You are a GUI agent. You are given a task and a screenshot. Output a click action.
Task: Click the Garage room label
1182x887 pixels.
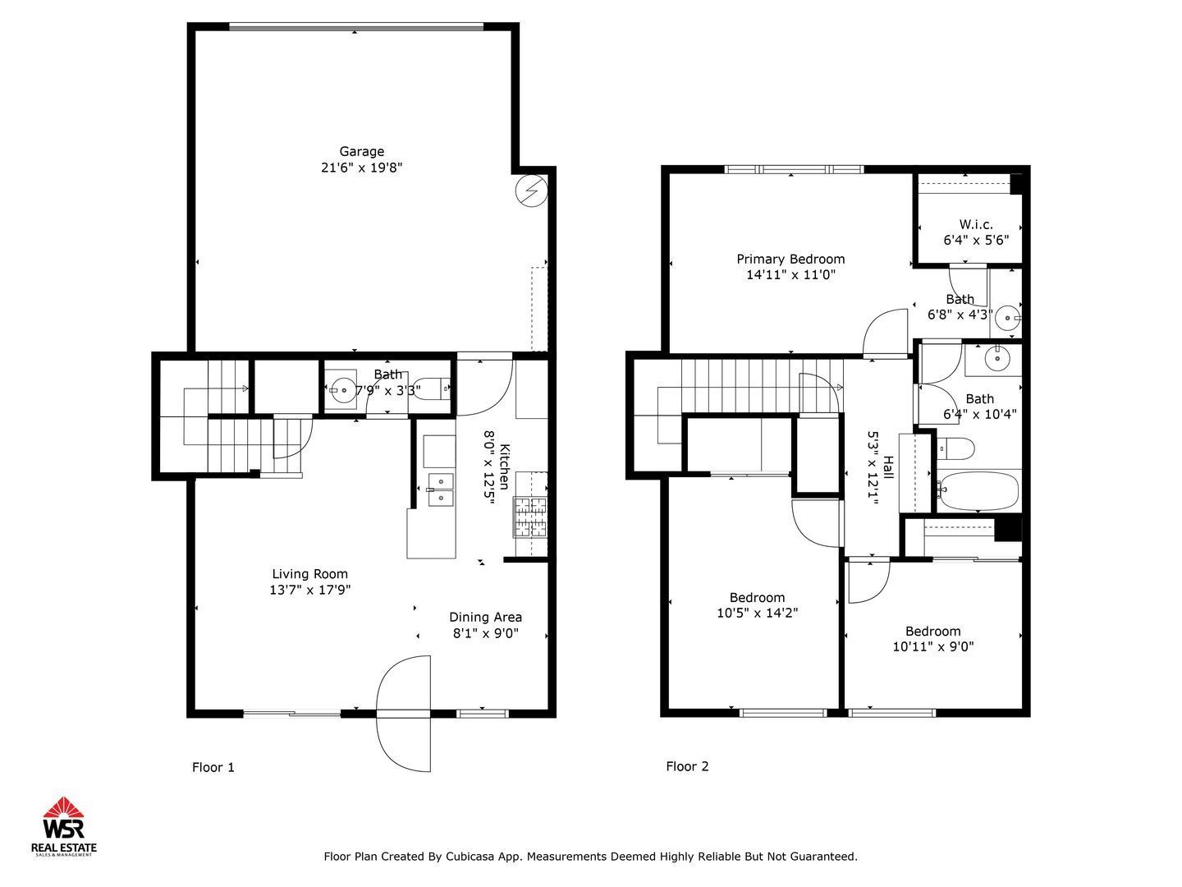(361, 151)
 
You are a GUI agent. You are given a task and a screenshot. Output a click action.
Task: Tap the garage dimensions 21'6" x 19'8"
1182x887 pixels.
(361, 168)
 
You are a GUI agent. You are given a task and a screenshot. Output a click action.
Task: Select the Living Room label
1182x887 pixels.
(309, 574)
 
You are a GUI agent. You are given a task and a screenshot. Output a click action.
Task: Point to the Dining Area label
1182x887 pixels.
(485, 617)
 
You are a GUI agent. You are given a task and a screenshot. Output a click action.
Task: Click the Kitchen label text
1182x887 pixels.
(505, 466)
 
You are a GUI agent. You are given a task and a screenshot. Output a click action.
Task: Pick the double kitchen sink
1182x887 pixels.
(440, 490)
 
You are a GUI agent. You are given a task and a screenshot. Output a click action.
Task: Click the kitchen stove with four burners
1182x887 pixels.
(530, 517)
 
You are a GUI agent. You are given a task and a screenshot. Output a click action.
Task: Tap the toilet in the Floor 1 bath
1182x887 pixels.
(433, 388)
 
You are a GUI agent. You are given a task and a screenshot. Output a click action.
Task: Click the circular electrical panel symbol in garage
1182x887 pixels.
(532, 191)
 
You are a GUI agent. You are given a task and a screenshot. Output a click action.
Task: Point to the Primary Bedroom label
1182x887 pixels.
(790, 259)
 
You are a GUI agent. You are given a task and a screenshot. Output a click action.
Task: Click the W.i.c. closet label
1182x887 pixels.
(976, 224)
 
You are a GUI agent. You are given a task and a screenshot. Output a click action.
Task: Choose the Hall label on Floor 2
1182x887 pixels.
(888, 467)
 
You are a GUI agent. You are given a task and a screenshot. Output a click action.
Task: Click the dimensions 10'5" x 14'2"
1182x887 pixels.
(757, 613)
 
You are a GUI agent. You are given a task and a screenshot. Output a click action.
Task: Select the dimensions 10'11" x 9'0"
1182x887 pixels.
(933, 647)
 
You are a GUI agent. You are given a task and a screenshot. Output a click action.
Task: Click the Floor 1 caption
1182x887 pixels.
(213, 767)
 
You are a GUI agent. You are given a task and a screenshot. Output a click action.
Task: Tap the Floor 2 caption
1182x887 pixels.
(687, 766)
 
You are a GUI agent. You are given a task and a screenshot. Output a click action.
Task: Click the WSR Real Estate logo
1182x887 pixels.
(63, 827)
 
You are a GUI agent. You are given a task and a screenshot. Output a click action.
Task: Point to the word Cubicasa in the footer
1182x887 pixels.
(467, 857)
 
